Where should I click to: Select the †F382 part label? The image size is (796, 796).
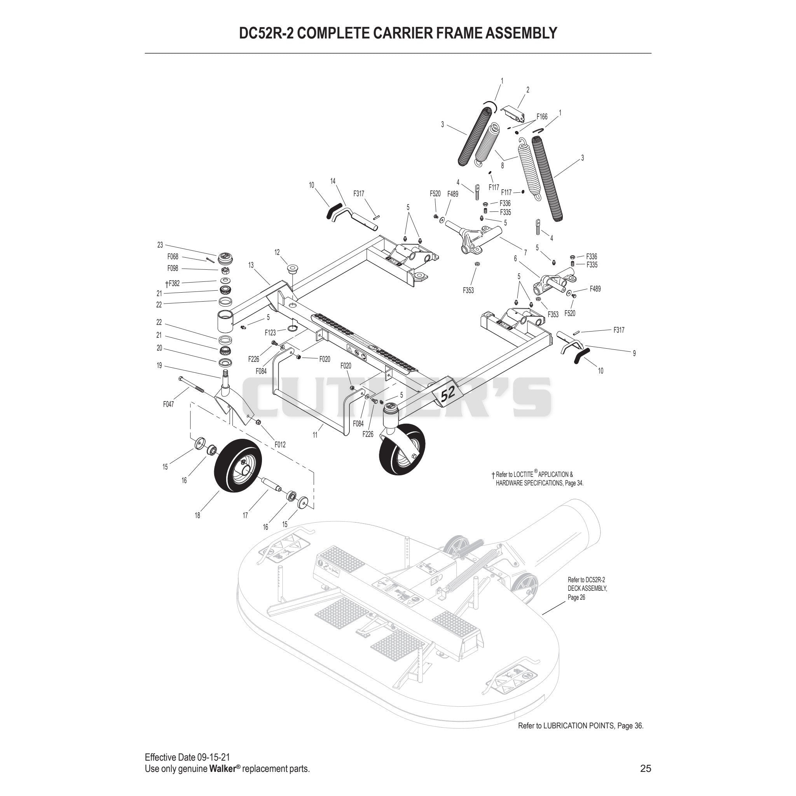click(x=172, y=283)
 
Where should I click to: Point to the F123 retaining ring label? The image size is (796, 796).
click(x=270, y=332)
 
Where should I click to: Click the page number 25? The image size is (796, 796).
click(x=646, y=768)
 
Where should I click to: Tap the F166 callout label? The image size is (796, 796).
click(x=542, y=117)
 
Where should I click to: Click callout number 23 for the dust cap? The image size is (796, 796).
click(x=160, y=245)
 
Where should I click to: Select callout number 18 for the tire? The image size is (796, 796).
click(x=197, y=515)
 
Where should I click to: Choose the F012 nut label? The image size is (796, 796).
click(x=280, y=445)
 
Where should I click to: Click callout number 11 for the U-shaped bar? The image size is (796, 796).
click(x=315, y=435)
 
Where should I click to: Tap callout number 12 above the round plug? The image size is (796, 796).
click(x=277, y=252)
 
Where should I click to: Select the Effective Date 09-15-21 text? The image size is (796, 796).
click(x=187, y=757)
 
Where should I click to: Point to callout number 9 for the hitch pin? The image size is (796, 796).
click(x=634, y=353)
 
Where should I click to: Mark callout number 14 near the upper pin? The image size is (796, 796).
click(x=333, y=181)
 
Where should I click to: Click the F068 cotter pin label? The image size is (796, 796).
click(x=173, y=257)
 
